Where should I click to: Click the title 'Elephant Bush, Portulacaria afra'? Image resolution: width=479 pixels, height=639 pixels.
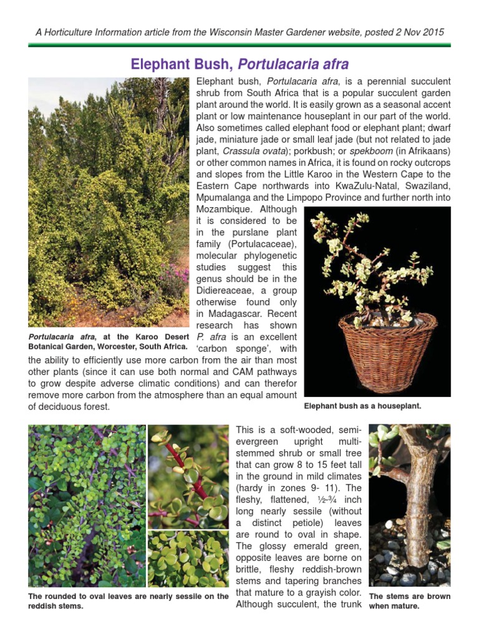tap(239, 64)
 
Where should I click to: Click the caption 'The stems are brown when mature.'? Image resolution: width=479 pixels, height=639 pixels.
tap(409, 601)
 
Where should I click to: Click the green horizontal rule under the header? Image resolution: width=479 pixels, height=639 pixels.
tap(239, 45)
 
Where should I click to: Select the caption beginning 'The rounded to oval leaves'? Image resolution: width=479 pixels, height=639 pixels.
tap(128, 601)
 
